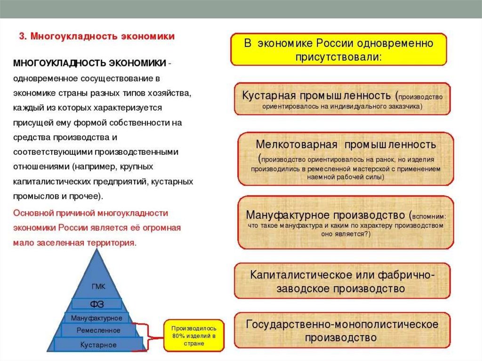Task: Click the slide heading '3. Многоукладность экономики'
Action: [96, 36]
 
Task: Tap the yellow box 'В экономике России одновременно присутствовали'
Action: [338, 49]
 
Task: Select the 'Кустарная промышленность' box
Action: [342, 99]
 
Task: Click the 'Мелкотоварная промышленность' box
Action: [345, 159]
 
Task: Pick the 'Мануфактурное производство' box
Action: [345, 222]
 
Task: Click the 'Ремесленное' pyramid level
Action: [98, 330]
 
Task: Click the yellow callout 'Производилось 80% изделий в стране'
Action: [193, 336]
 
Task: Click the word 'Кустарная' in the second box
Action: [266, 95]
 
